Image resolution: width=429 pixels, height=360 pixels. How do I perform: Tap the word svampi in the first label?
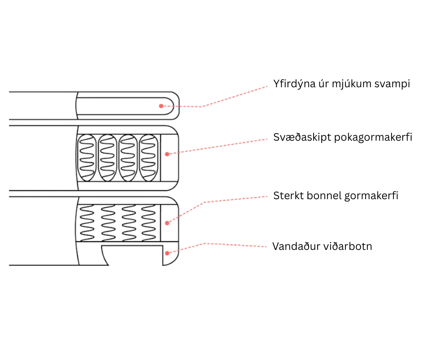(x=393, y=85)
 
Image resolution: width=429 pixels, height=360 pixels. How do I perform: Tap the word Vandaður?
(x=295, y=246)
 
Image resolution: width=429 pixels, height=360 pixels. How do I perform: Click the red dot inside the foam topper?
(x=161, y=106)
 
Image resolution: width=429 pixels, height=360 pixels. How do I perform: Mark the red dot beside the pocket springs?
(x=167, y=154)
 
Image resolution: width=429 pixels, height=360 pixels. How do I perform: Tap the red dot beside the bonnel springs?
(x=167, y=223)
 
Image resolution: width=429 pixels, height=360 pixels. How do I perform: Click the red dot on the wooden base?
(x=167, y=253)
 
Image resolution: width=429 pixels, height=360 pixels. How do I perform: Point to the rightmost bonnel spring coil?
(x=148, y=222)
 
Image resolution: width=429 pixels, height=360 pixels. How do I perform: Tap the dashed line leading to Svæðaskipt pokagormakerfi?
(x=219, y=146)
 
